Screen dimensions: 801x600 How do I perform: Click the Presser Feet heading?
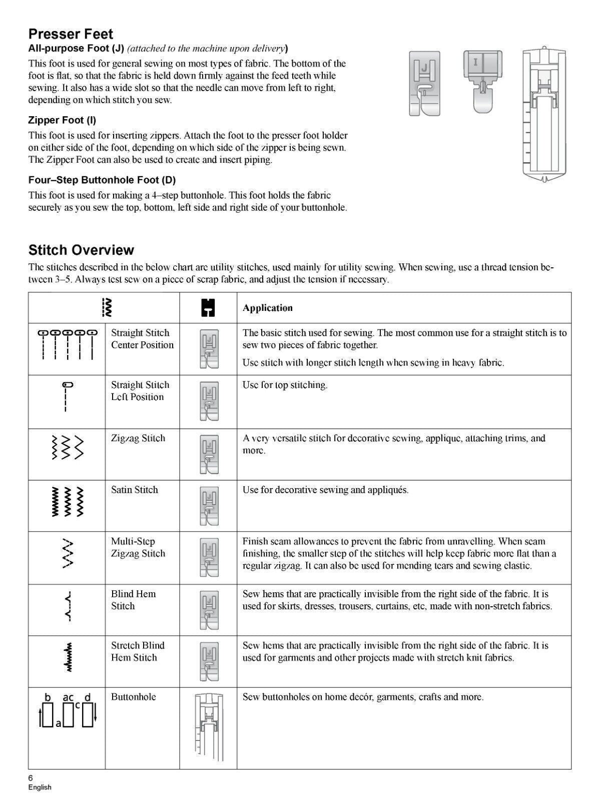click(x=71, y=34)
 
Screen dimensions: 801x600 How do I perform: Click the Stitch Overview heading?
click(x=81, y=250)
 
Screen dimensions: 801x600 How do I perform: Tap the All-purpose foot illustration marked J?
click(x=424, y=83)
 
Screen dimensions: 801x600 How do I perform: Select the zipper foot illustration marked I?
click(x=481, y=80)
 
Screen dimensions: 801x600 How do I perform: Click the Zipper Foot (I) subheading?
click(x=62, y=120)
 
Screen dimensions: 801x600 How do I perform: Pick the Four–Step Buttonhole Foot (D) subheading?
click(x=102, y=180)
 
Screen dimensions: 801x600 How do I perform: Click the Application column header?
click(x=267, y=308)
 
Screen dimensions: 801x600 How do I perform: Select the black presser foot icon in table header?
click(x=208, y=307)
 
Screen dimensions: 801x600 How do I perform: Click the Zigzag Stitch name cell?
click(x=138, y=438)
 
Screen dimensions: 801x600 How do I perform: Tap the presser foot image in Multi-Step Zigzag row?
click(x=208, y=557)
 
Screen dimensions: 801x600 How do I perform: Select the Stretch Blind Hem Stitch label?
click(x=138, y=651)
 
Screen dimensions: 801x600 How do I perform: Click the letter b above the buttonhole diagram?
click(x=48, y=697)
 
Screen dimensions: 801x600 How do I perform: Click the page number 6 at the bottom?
click(x=31, y=777)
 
